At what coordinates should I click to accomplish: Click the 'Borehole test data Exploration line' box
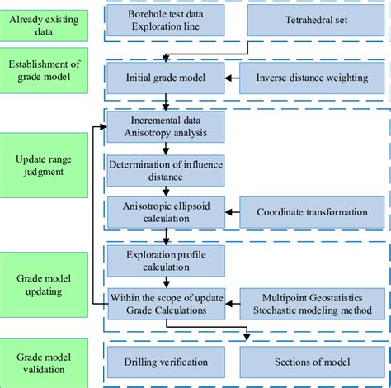166,21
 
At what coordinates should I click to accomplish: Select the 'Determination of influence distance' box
166,172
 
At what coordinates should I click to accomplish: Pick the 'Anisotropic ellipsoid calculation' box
166,212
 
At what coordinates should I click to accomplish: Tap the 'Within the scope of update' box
166,303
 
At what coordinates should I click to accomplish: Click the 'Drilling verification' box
166,362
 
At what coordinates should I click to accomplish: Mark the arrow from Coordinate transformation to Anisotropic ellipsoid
232,212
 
